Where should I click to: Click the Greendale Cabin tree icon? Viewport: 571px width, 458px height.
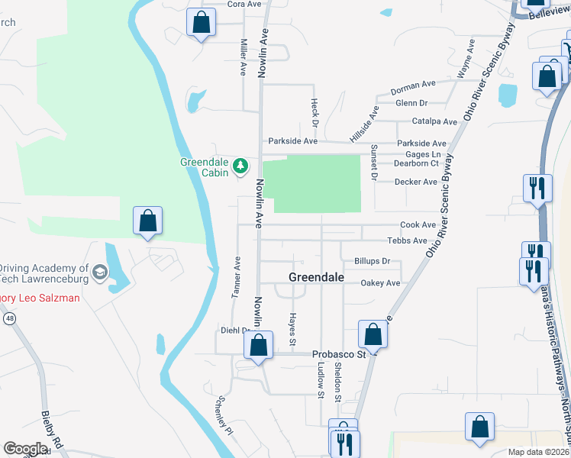click(240, 165)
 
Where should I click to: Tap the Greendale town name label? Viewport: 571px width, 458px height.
click(316, 277)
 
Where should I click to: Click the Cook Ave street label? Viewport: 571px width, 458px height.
click(418, 225)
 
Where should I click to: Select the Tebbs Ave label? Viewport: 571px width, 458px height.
click(407, 240)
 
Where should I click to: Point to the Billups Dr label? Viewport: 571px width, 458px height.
click(372, 261)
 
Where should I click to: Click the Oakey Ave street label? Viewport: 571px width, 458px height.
click(380, 283)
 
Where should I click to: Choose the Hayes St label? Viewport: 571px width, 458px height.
click(292, 327)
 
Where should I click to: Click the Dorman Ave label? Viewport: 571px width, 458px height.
click(413, 87)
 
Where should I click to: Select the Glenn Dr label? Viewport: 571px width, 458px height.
click(411, 103)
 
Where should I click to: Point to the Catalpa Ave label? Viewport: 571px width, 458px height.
click(434, 121)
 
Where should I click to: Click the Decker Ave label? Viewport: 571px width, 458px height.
click(416, 182)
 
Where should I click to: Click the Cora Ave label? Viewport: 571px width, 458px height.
click(244, 4)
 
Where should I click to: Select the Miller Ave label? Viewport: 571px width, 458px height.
click(244, 56)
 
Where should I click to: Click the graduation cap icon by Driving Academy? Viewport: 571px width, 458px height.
click(99, 272)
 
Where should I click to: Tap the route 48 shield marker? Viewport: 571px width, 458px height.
click(10, 318)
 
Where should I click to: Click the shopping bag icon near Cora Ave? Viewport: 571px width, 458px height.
click(202, 22)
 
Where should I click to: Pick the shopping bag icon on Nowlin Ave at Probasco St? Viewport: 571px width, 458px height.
click(259, 345)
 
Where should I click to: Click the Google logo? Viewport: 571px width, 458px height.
click(25, 449)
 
